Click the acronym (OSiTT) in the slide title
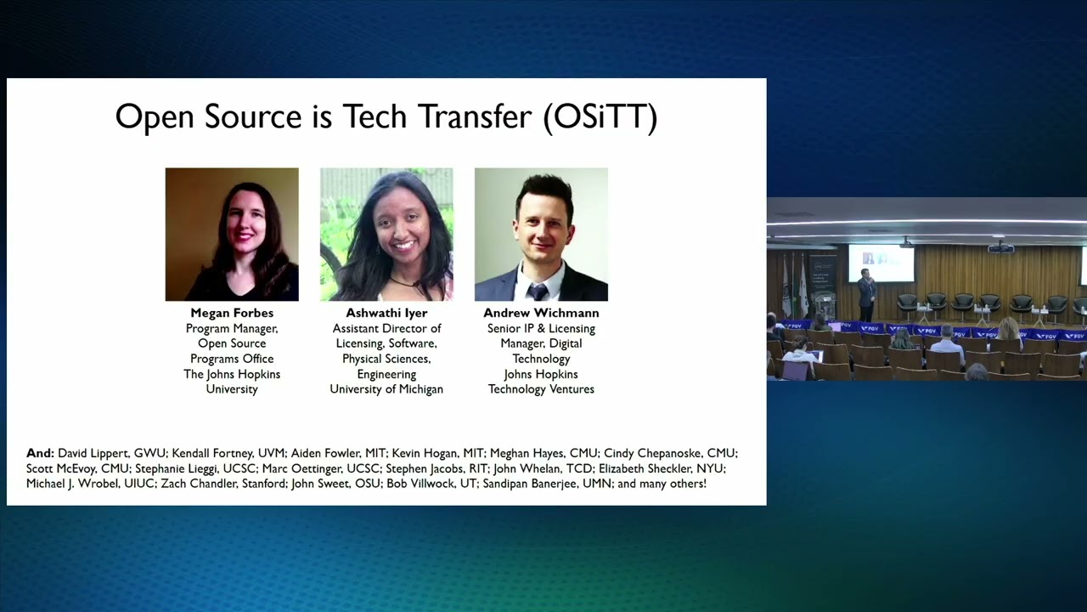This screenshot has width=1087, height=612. click(x=600, y=117)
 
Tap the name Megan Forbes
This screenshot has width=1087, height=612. click(x=232, y=313)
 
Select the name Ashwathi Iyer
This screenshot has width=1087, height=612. click(x=386, y=313)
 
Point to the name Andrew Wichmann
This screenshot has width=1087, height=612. click(x=541, y=313)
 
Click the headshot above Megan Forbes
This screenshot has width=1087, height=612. click(x=232, y=235)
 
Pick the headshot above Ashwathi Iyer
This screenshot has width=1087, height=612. click(x=386, y=235)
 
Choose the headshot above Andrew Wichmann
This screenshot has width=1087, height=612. click(x=541, y=235)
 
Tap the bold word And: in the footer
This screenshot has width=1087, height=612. click(x=40, y=453)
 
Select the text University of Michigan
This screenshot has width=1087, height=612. click(x=386, y=389)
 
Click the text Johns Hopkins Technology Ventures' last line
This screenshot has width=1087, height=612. click(x=541, y=389)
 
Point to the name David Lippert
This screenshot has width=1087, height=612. click(x=93, y=453)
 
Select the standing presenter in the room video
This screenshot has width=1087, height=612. click(x=865, y=293)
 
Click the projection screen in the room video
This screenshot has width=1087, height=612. click(x=881, y=263)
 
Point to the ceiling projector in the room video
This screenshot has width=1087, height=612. click(x=1000, y=249)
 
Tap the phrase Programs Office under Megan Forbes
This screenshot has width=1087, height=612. click(x=232, y=359)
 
